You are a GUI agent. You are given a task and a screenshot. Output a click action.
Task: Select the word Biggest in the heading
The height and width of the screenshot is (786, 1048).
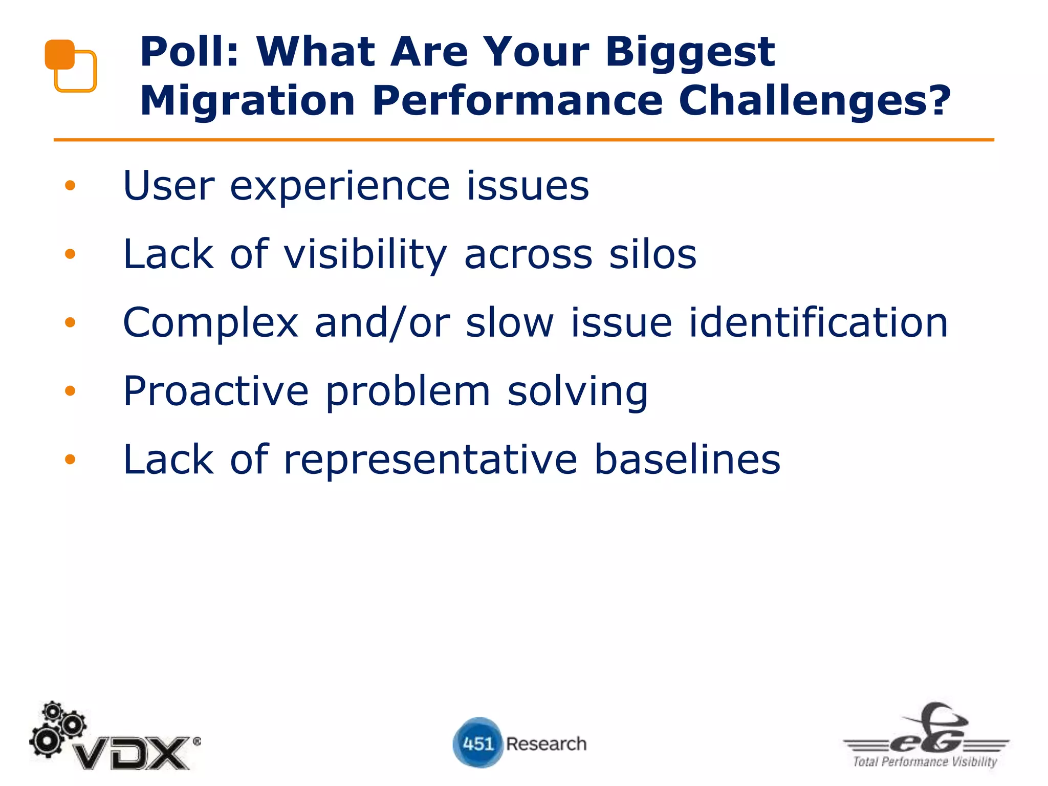[x=690, y=53]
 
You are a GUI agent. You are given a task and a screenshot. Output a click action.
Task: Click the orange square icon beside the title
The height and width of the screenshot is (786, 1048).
[x=71, y=66]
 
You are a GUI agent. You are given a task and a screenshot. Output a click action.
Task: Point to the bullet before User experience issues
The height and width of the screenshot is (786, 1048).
[x=70, y=185]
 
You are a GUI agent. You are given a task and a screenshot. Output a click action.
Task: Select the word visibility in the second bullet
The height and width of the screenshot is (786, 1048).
[x=365, y=255]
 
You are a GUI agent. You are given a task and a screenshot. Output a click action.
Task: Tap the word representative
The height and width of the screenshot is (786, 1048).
[x=430, y=460]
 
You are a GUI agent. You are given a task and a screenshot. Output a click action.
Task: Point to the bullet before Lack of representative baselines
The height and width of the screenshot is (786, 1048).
[x=70, y=459]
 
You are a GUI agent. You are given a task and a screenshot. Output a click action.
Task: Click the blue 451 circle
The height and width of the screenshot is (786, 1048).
[x=477, y=743]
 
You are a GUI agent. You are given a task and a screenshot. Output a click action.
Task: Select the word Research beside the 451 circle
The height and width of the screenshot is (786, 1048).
[x=546, y=744]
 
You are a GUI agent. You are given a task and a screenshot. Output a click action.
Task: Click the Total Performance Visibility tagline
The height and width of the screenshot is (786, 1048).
[x=925, y=762]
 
